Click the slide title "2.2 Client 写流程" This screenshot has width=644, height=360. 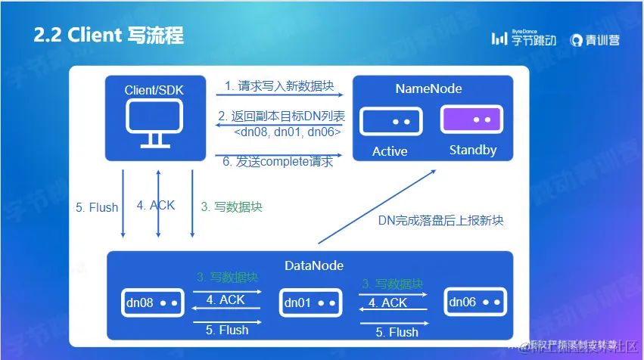coord(108,36)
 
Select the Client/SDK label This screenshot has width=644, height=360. coord(154,90)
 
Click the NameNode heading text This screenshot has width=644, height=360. coord(428,88)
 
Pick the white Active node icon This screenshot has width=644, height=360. coord(389,121)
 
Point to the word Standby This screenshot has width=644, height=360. coord(473,150)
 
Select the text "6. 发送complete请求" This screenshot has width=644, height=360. coord(278,162)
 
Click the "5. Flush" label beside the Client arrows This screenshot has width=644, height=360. coord(97,207)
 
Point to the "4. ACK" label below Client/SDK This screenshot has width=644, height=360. coord(156,205)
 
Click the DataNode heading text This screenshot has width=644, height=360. coord(314,265)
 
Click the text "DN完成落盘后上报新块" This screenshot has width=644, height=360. coord(441,221)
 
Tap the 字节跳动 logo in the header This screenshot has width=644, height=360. coord(524,38)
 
